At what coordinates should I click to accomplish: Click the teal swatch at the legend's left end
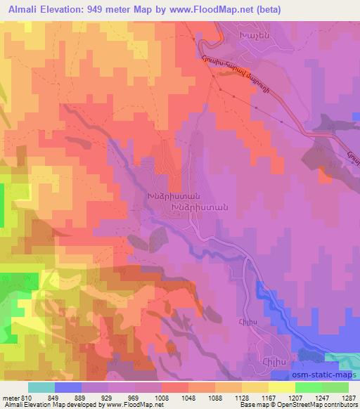[41, 387]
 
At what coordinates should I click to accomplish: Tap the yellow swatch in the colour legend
[281, 387]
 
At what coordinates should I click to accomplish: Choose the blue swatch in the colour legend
[68, 387]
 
